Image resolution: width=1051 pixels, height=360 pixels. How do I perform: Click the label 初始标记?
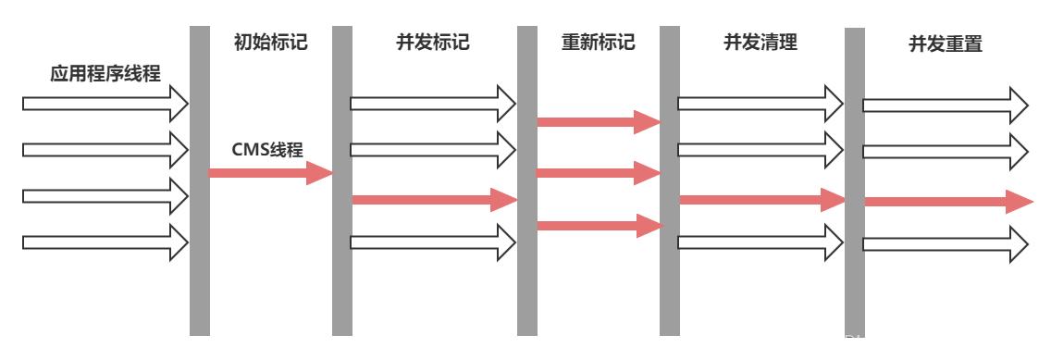[269, 42]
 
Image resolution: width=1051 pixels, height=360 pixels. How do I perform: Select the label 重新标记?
[598, 43]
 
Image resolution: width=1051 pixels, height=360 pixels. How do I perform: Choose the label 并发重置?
[946, 45]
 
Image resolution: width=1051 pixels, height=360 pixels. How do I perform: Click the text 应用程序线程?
[105, 74]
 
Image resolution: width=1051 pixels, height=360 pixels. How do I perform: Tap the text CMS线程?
[268, 147]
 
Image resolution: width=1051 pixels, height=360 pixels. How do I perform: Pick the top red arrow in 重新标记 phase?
[598, 120]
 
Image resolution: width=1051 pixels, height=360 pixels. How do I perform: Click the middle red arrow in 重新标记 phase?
[598, 172]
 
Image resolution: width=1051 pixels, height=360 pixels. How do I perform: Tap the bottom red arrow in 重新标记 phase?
[598, 225]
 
